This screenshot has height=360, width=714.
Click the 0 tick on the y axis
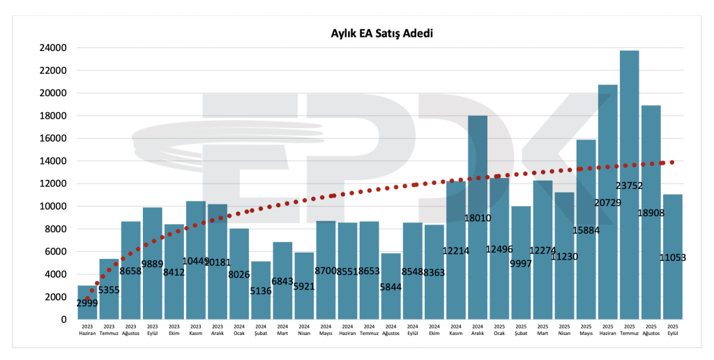point(63,320)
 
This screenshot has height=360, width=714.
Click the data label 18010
point(478,218)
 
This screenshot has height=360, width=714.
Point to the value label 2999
point(87,302)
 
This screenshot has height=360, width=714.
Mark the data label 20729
point(607,202)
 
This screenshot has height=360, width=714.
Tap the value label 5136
point(261,291)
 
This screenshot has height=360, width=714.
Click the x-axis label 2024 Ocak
point(239,329)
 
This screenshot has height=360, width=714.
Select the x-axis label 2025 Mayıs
point(586,329)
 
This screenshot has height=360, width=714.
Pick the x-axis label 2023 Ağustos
point(130,329)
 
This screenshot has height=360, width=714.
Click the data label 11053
point(673,257)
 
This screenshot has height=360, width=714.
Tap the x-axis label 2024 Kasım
point(456,329)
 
